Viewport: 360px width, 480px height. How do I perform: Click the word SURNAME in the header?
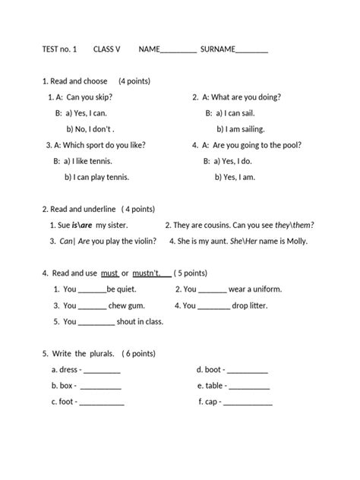click(x=218, y=49)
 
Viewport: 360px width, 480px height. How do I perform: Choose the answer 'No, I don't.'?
click(x=98, y=128)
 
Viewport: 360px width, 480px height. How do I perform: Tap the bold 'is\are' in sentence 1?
click(x=82, y=225)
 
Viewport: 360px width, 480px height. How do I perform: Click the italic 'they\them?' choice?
click(x=294, y=225)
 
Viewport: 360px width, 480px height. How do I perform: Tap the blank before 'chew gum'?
click(x=93, y=307)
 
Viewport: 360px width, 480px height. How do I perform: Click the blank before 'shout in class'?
click(x=96, y=323)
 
